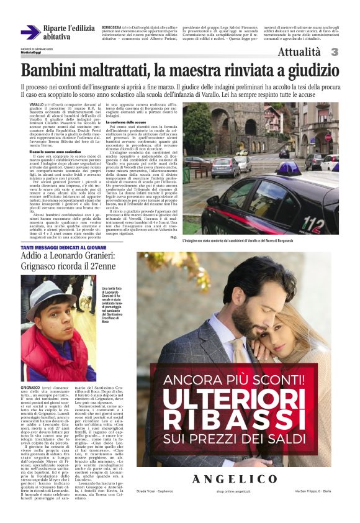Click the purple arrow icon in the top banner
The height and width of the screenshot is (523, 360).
click(30, 33)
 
